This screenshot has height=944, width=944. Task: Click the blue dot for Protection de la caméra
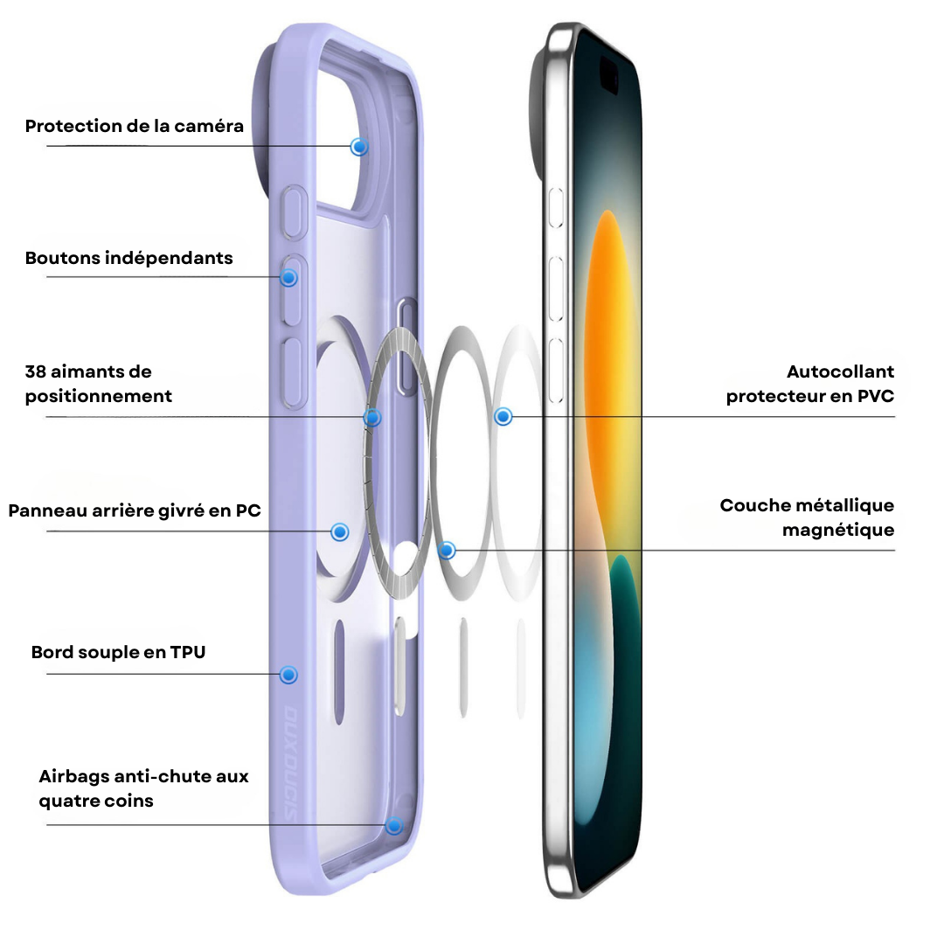(x=359, y=146)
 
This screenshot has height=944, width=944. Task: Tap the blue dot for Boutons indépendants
(x=289, y=278)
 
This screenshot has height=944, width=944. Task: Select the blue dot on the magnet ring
(x=372, y=417)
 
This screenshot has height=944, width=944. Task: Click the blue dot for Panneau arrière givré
(x=340, y=531)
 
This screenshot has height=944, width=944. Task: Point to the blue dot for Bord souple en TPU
(x=289, y=675)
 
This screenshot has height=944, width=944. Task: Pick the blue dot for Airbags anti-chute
(x=393, y=825)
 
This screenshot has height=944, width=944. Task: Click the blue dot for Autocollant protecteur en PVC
(x=503, y=416)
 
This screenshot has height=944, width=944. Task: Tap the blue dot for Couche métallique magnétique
(x=446, y=550)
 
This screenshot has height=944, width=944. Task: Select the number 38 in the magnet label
(x=36, y=371)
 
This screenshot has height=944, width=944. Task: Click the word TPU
(x=187, y=652)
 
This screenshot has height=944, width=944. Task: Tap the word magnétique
(x=838, y=531)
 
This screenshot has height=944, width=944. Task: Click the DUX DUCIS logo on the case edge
(x=290, y=763)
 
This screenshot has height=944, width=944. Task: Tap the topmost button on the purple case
(x=295, y=212)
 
